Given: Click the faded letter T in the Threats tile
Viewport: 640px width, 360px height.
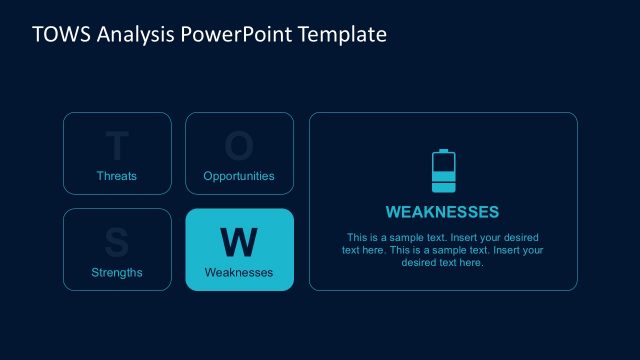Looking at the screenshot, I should click(x=117, y=147).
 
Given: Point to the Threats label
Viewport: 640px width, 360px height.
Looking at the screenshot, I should click(x=117, y=176).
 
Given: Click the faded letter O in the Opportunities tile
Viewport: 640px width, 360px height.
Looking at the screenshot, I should click(x=239, y=147).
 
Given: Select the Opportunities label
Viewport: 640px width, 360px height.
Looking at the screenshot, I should click(x=239, y=176).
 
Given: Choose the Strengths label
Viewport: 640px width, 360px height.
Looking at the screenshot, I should click(x=117, y=272).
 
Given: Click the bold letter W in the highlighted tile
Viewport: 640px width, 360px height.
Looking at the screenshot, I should click(x=239, y=242).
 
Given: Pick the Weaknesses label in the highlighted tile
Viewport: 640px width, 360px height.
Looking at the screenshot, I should click(x=239, y=272).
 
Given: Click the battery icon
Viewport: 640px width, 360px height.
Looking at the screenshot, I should click(x=442, y=171).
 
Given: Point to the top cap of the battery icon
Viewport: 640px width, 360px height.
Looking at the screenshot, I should click(x=442, y=151).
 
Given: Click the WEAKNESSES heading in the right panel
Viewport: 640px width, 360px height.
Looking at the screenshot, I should click(x=442, y=212).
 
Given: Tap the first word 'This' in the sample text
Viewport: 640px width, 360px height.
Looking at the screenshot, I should click(x=357, y=238).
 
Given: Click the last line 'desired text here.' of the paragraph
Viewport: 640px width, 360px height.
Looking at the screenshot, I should click(x=442, y=263).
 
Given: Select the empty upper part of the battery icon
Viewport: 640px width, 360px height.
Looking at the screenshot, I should click(x=442, y=162).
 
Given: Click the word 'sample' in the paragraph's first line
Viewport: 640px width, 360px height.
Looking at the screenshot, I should click(x=403, y=238).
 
